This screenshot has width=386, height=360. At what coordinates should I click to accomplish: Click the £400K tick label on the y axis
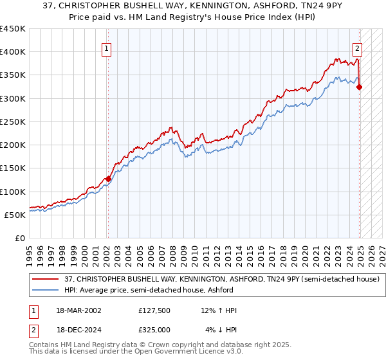(13, 52)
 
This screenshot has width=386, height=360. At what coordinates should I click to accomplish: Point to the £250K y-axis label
(13, 122)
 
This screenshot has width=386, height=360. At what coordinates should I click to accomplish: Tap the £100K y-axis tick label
(13, 192)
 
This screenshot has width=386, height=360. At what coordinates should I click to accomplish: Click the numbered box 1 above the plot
(106, 47)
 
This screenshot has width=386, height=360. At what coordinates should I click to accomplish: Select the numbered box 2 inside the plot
(357, 47)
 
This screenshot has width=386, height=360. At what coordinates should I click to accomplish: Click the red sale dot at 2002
(107, 179)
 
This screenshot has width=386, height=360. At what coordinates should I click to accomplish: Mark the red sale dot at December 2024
(359, 87)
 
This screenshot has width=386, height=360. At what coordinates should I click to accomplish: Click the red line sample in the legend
(46, 279)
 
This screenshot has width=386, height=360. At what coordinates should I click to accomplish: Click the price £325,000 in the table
(154, 329)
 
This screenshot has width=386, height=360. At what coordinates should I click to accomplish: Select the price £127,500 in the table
(154, 310)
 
